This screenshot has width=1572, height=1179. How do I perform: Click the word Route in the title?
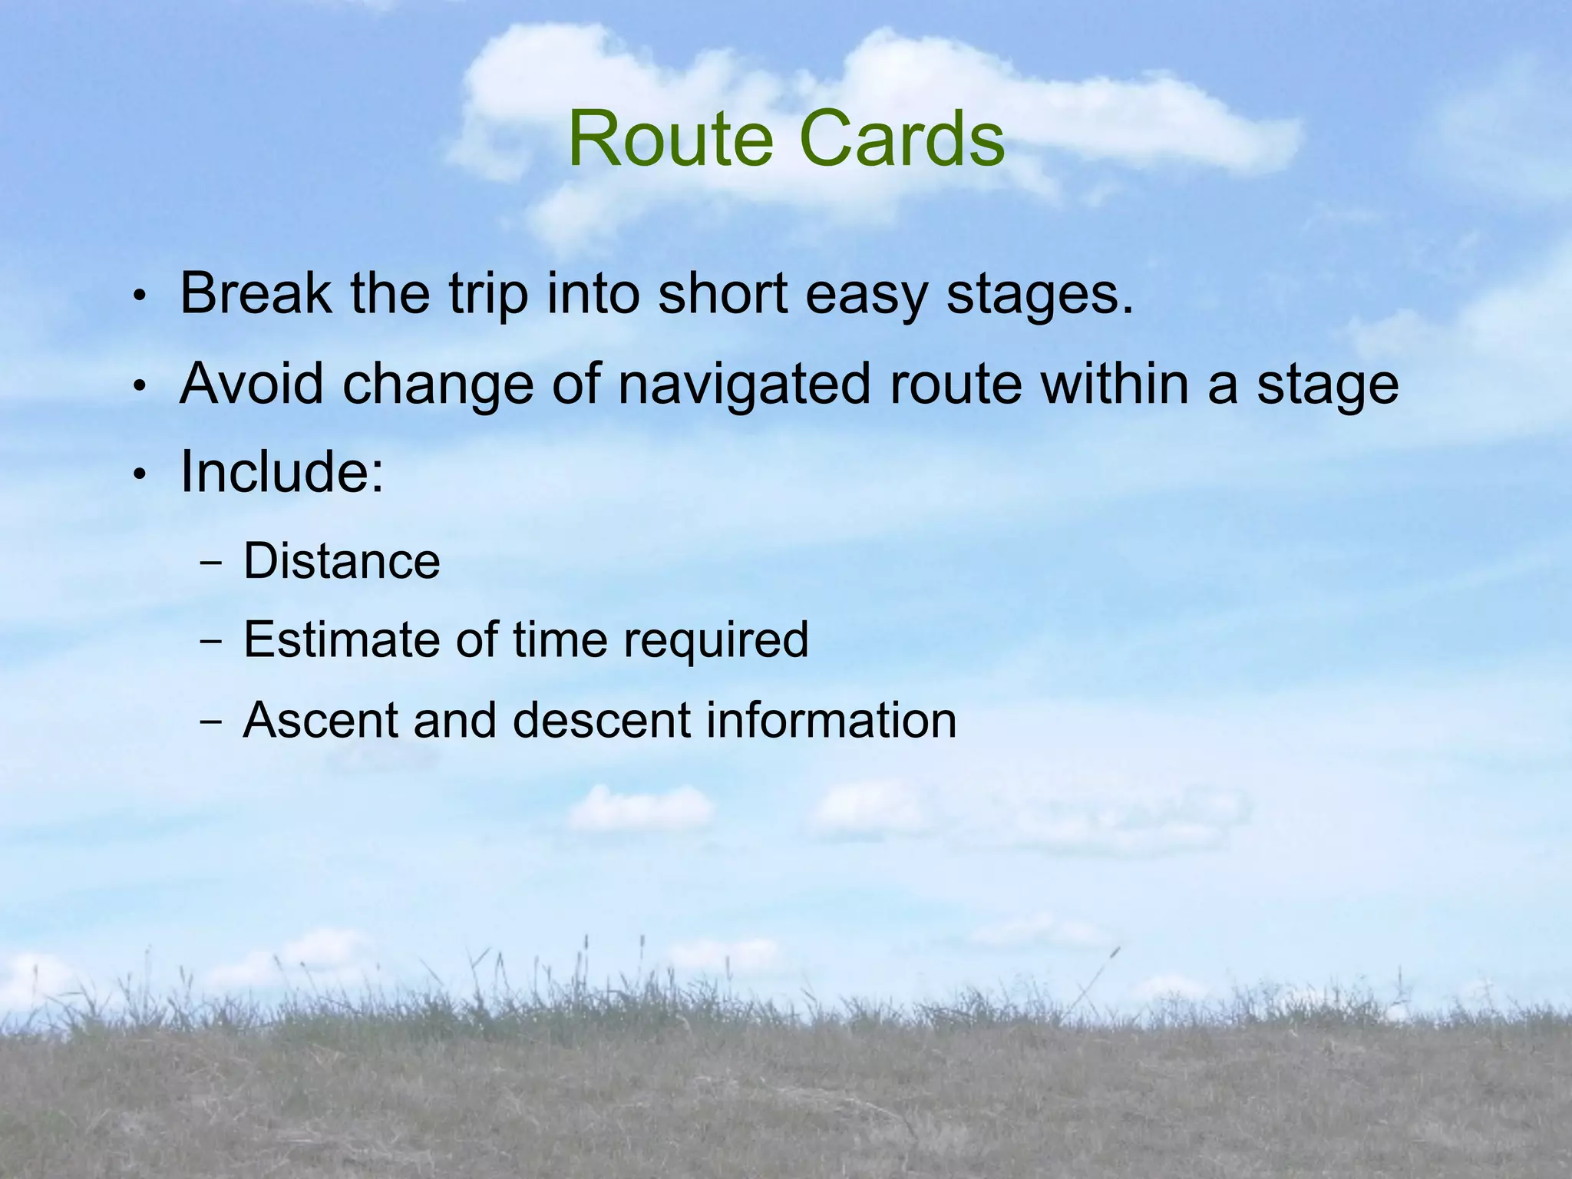pos(670,140)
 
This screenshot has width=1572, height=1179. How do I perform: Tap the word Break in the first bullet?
pos(256,294)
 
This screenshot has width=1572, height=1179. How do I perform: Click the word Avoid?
pos(251,384)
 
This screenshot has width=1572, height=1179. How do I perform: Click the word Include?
pos(282,472)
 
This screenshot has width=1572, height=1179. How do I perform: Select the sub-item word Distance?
pos(342,561)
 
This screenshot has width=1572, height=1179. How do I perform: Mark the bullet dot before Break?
pos(139,297)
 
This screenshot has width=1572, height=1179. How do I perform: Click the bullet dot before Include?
pos(139,475)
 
